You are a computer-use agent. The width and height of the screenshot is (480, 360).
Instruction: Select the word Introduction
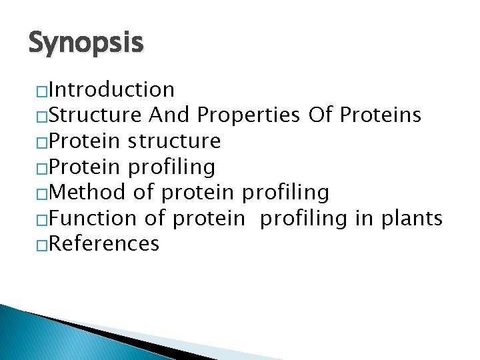click(112, 89)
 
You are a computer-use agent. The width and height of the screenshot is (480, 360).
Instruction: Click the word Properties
click(249, 116)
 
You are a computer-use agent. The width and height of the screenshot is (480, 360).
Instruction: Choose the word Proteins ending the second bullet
click(380, 115)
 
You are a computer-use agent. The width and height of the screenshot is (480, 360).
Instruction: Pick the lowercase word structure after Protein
click(174, 141)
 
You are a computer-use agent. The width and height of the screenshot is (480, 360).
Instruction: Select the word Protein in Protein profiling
click(85, 167)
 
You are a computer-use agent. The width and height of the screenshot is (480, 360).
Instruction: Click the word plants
click(412, 219)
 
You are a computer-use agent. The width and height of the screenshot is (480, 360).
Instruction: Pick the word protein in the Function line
click(209, 219)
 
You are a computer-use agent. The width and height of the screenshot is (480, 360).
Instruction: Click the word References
click(105, 244)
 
